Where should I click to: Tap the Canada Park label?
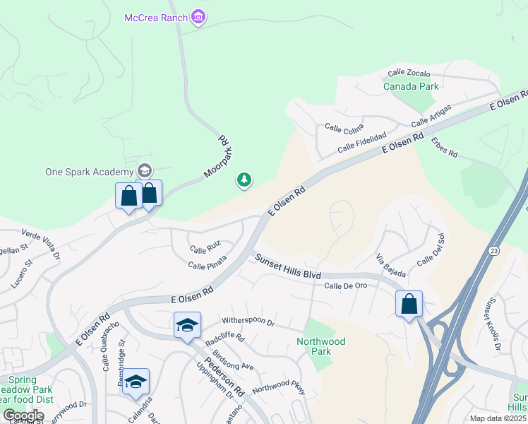411,86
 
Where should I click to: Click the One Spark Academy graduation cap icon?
145,170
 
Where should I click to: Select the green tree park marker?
244,181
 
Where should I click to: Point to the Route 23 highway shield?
492,251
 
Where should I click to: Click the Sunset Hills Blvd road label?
288,267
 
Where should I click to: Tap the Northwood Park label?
321,346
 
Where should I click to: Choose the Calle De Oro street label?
346,285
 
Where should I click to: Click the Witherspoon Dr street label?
248,322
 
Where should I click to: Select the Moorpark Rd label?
218,157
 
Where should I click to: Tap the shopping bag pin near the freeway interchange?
409,304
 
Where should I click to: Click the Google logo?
23,416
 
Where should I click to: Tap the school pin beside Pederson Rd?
187,325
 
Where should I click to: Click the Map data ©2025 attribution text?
495,418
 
